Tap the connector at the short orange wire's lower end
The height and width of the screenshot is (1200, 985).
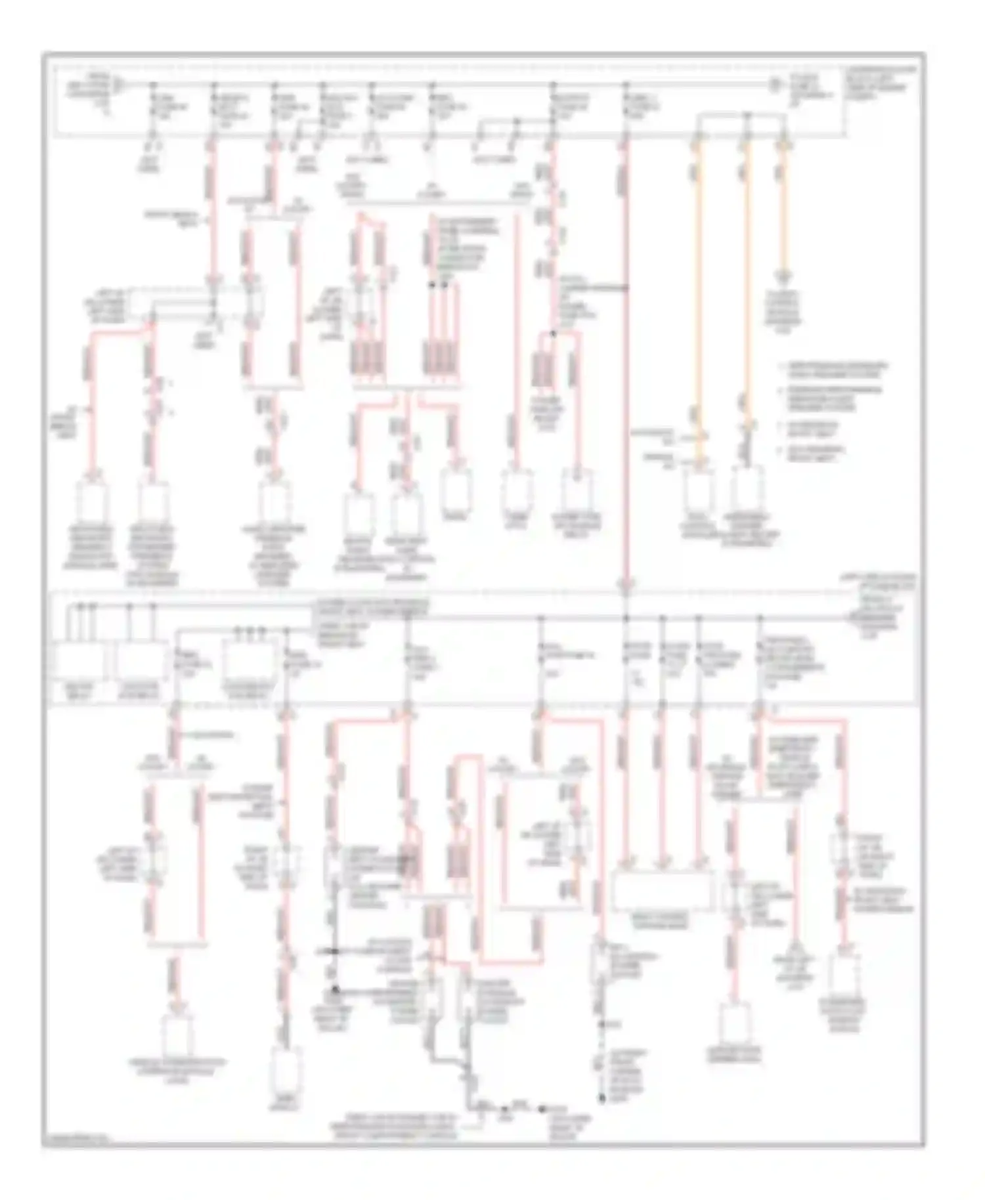pyautogui.click(x=782, y=276)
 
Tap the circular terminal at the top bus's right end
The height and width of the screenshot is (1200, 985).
pyautogui.click(x=775, y=84)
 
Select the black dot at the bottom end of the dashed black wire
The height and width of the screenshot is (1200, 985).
pyautogui.click(x=602, y=1096)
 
